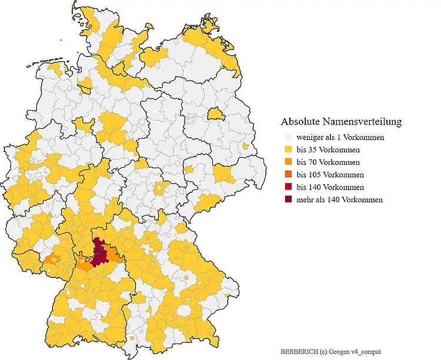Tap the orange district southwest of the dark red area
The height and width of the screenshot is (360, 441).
point(85,265)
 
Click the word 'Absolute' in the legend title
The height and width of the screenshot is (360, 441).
point(300,122)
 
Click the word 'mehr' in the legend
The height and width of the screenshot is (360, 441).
point(305,199)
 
